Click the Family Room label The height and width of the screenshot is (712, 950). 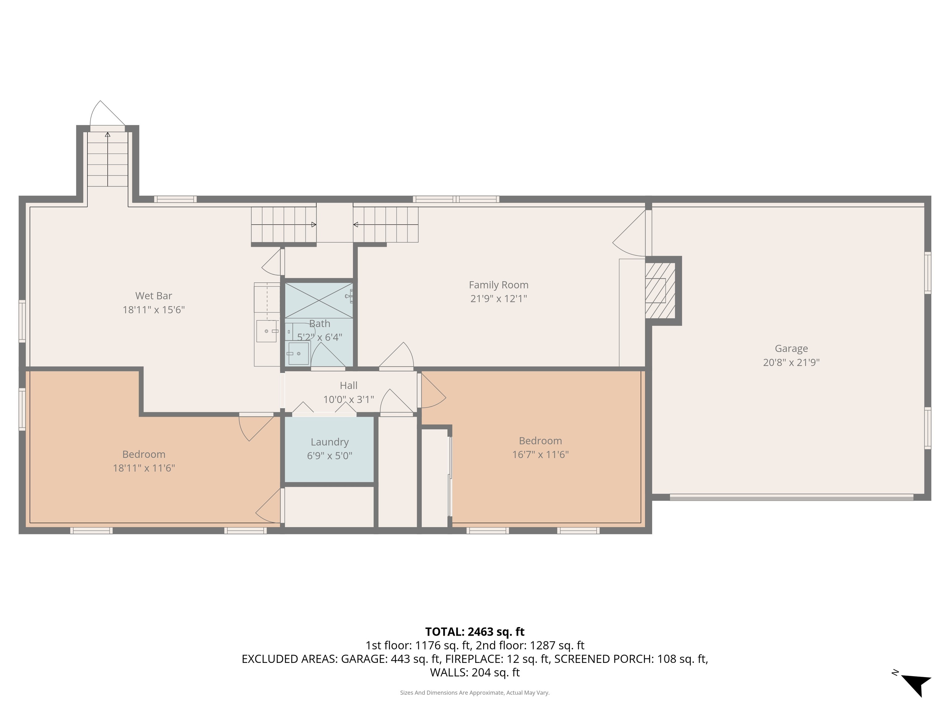pyautogui.click(x=498, y=285)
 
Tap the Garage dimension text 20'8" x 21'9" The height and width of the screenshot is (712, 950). pyautogui.click(x=791, y=362)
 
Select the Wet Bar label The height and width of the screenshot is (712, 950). pyautogui.click(x=153, y=296)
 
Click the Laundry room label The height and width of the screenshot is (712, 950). pyautogui.click(x=329, y=442)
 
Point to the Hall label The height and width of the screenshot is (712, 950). pyautogui.click(x=348, y=385)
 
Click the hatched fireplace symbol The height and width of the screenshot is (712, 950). pyautogui.click(x=660, y=290)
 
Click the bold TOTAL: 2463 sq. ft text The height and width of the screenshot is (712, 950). pyautogui.click(x=475, y=632)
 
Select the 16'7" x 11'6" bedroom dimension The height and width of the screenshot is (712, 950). pyautogui.click(x=540, y=455)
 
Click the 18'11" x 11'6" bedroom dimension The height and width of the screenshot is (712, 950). pyautogui.click(x=143, y=468)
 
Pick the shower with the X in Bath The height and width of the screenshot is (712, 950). pyautogui.click(x=319, y=300)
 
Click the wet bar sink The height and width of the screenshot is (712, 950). pyautogui.click(x=266, y=331)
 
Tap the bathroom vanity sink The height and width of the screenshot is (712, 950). pyautogui.click(x=298, y=353)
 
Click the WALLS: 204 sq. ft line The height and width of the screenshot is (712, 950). pyautogui.click(x=475, y=672)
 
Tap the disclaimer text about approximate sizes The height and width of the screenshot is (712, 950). pyautogui.click(x=475, y=693)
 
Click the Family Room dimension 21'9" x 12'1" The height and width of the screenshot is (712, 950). pyautogui.click(x=498, y=299)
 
